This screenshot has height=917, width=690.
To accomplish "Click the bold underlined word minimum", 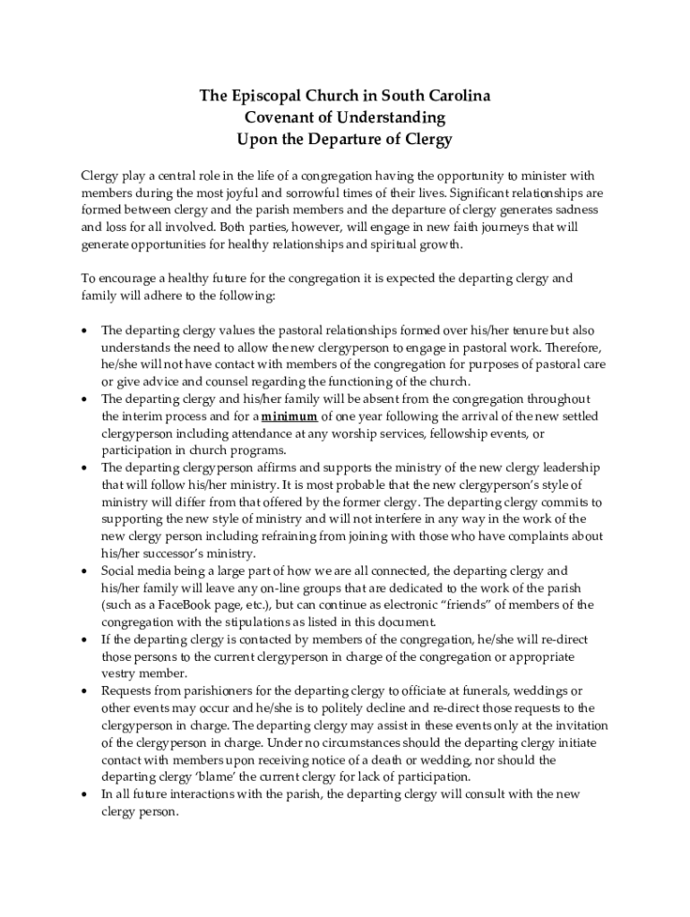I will click(x=290, y=416).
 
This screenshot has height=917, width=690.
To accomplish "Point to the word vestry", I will click(x=121, y=673).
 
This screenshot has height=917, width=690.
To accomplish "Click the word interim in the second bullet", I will click(x=144, y=416).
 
